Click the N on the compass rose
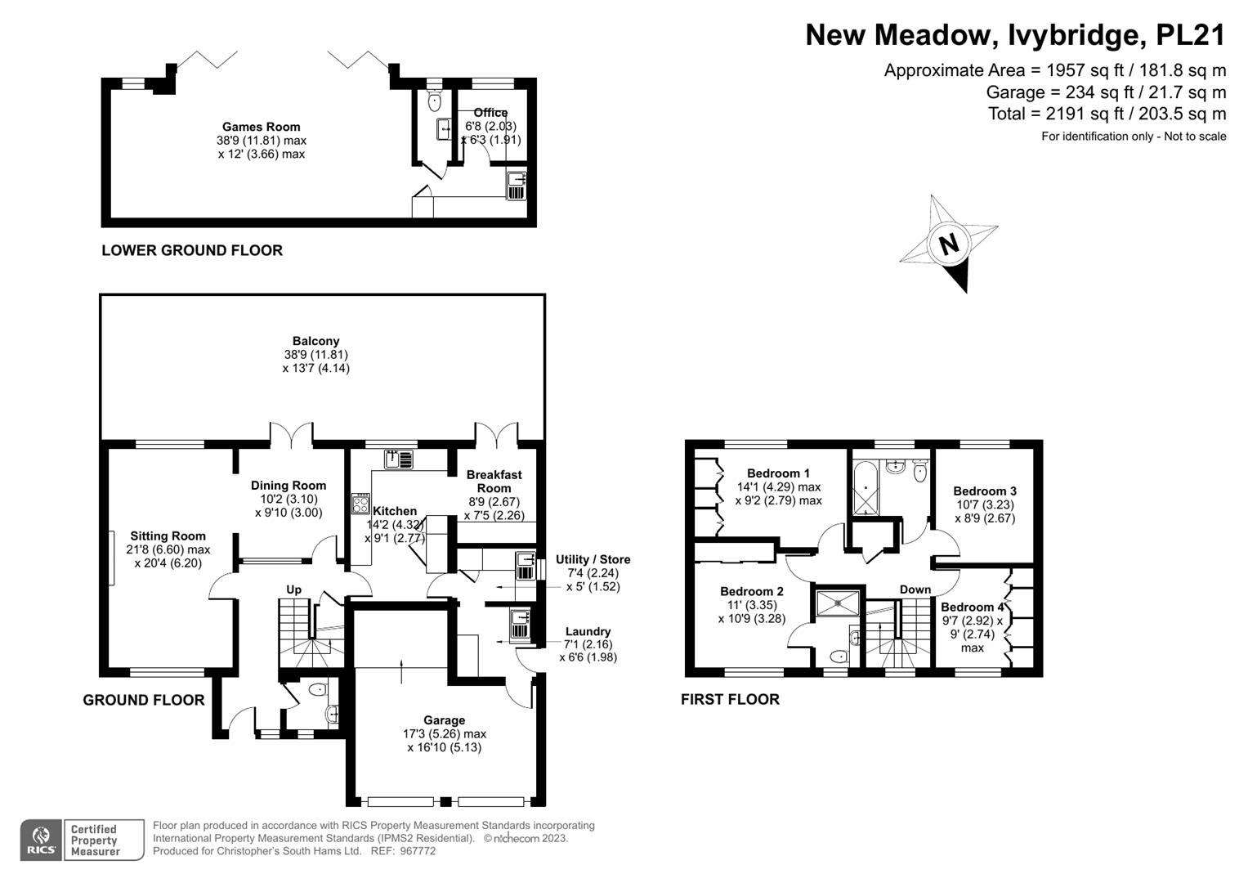point(948,244)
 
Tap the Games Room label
point(261,127)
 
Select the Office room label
point(490,113)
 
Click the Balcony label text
point(316,341)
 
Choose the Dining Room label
point(288,486)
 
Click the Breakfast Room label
point(494,481)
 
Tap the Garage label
point(444,720)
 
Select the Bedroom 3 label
point(985,491)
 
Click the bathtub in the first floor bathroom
point(863,489)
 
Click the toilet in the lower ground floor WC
point(434,101)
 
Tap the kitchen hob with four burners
point(360,504)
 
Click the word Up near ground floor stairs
point(293,589)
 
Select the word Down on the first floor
point(915,589)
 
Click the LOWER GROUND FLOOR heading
point(192,251)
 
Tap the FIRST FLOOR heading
point(730,699)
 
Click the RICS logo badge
point(41,840)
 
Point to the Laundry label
point(588,631)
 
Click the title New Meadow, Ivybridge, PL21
point(1015,35)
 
